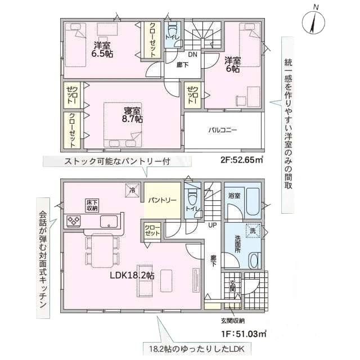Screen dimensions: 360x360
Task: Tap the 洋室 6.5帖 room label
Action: tap(102, 49)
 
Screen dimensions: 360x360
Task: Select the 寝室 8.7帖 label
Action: tap(133, 115)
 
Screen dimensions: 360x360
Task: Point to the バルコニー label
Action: tap(223, 130)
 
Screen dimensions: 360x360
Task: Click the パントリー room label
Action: tap(163, 200)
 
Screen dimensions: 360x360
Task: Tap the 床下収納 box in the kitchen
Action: tap(92, 205)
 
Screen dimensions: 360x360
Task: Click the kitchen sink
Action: tap(109, 222)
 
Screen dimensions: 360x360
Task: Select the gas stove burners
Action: tap(74, 221)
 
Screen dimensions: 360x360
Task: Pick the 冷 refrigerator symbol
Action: tap(133, 190)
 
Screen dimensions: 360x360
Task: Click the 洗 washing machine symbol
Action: tap(253, 231)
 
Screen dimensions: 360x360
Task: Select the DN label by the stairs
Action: tap(193, 55)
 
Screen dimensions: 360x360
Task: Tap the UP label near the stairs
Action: tap(213, 225)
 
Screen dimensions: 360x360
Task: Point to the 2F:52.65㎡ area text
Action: tap(242, 160)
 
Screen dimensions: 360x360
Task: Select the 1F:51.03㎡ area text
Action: tap(244, 334)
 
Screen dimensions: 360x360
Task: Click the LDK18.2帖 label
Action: tap(132, 275)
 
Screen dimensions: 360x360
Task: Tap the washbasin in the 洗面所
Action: tap(254, 260)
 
